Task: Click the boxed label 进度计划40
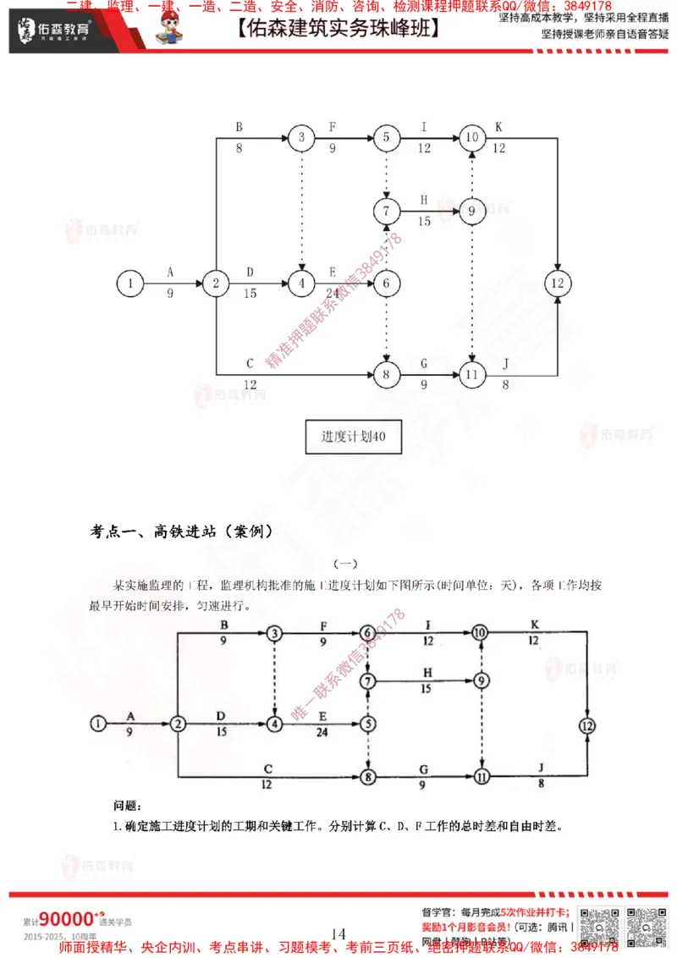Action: click(348, 438)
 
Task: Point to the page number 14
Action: click(338, 933)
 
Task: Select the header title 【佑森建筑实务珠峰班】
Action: click(338, 29)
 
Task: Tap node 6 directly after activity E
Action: click(386, 283)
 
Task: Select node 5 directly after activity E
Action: click(367, 724)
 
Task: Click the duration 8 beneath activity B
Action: click(239, 147)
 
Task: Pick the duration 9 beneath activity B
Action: click(223, 642)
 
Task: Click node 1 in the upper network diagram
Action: click(129, 284)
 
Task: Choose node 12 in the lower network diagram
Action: click(587, 724)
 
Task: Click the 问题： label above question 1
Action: click(127, 805)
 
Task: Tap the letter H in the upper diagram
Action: click(423, 200)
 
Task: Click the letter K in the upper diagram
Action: click(498, 127)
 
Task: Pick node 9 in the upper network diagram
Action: click(472, 212)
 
